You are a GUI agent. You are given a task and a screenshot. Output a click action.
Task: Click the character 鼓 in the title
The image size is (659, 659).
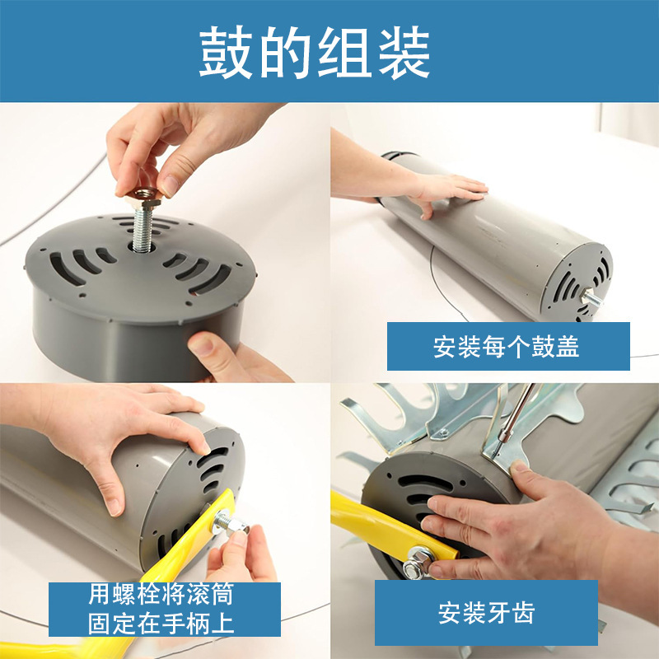225,52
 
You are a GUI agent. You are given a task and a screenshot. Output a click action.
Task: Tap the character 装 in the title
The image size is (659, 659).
404,52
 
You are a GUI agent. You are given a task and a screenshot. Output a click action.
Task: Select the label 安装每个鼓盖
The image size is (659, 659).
506,346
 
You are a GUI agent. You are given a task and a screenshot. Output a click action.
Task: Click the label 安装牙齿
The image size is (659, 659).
486,612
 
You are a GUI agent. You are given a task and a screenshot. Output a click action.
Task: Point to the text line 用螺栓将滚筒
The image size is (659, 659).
161,594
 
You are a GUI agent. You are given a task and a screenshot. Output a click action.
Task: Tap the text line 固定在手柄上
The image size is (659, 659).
161,624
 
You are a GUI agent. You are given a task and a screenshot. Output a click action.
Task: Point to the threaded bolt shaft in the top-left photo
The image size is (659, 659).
143,228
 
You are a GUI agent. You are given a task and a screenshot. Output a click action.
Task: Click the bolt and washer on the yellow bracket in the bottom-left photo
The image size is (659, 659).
229,522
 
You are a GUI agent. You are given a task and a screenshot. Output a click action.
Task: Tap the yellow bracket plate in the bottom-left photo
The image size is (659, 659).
189,541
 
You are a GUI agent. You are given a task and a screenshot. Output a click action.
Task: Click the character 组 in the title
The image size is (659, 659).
344,52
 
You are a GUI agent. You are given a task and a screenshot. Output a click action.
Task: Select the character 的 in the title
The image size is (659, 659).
285,52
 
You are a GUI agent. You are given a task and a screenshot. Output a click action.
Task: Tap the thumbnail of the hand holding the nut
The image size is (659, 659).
168,185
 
